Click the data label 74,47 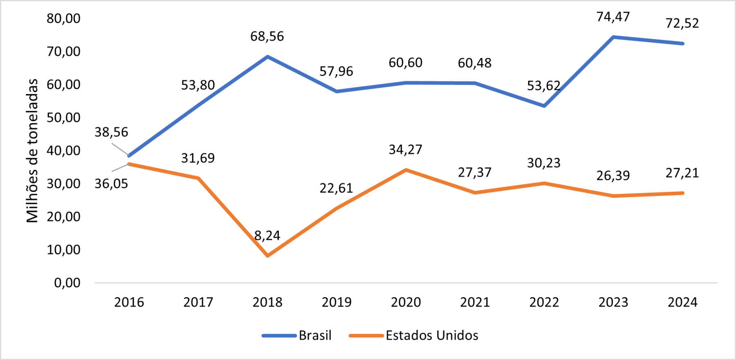point(613,17)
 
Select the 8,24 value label point(267,236)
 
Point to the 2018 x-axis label point(267,302)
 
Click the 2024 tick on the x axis point(682,302)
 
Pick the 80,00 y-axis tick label point(63,18)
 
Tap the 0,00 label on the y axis point(67,283)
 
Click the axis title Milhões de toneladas point(32,150)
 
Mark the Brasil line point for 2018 point(267,56)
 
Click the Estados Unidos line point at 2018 point(268,256)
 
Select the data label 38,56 point(111,132)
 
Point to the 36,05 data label point(111,184)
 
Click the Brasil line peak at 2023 point(613,37)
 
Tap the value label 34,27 point(405,150)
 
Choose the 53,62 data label point(543,86)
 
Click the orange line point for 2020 point(406,170)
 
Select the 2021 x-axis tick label point(475,302)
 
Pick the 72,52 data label point(682,24)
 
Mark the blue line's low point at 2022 point(544,106)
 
